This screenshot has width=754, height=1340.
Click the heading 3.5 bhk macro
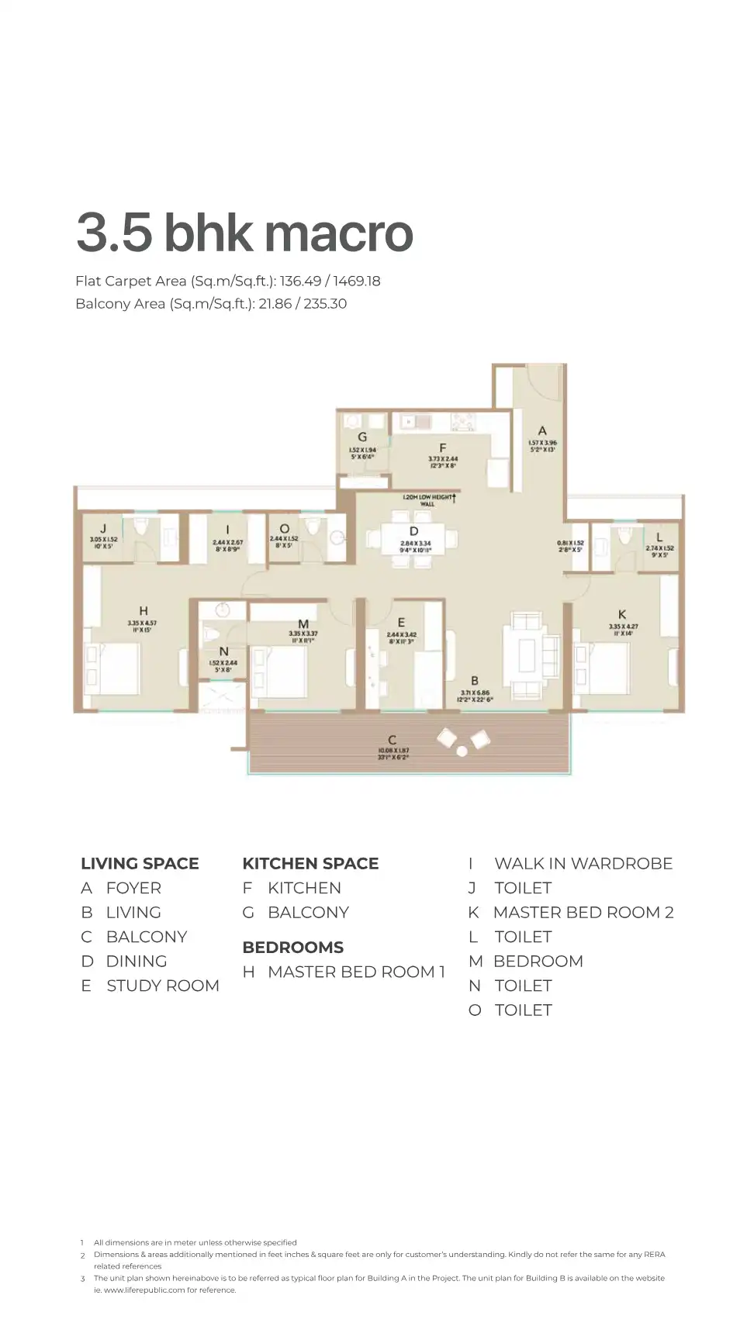pos(244,232)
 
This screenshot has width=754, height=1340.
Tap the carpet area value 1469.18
pos(356,281)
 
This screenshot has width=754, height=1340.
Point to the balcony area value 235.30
pos(325,303)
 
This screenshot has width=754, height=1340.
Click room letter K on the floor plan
pos(621,614)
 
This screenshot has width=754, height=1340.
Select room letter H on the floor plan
pos(143,611)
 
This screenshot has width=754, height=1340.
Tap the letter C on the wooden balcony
pos(393,740)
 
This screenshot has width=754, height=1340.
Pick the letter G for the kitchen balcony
pos(362,437)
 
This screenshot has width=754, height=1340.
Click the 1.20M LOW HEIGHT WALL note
pos(428,500)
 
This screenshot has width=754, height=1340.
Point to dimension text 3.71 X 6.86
pos(475,692)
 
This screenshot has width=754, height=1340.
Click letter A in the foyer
pos(542,430)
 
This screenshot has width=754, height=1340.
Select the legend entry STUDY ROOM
pos(162,986)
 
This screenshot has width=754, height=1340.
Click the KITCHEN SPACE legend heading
pos(310,863)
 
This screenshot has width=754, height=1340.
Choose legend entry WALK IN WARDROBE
pos(583,863)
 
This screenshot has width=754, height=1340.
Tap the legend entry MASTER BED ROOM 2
pos(583,912)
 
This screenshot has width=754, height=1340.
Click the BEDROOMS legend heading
pos(292,947)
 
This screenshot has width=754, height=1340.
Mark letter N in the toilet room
pos(223,651)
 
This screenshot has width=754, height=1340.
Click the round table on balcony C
pos(462,751)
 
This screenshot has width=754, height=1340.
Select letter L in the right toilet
pos(659,537)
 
